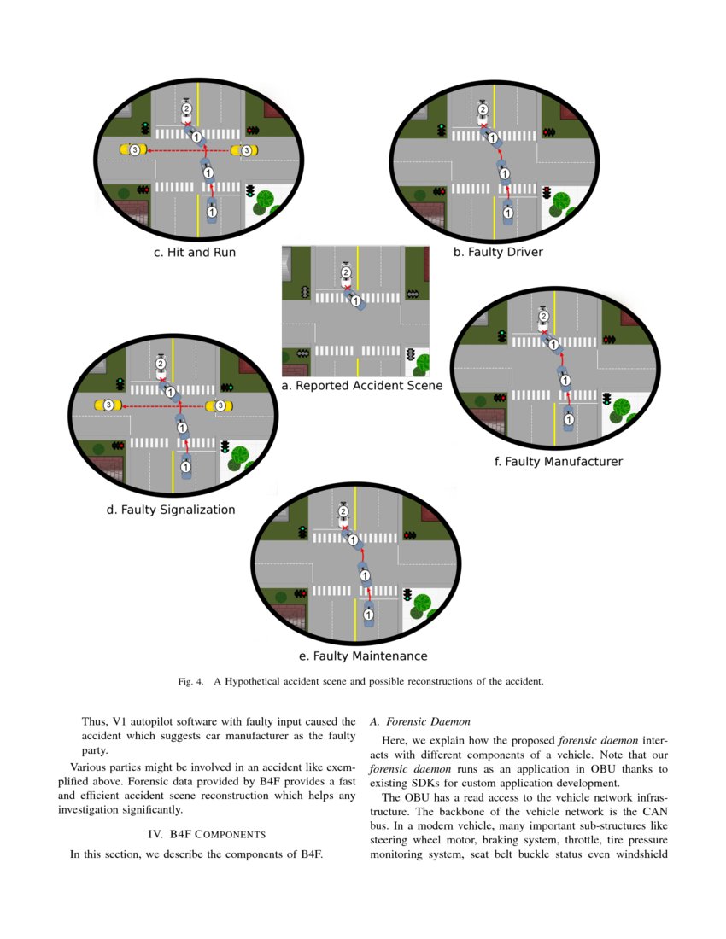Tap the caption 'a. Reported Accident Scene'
pyautogui.click(x=361, y=386)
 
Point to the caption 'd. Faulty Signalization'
pyautogui.click(x=171, y=510)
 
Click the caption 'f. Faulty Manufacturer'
pyautogui.click(x=559, y=462)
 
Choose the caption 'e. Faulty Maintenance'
pyautogui.click(x=363, y=656)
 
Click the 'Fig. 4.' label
pyautogui.click(x=190, y=682)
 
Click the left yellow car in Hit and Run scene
pyautogui.click(x=133, y=149)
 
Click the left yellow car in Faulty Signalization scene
pyautogui.click(x=108, y=404)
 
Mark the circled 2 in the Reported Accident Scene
pyautogui.click(x=346, y=272)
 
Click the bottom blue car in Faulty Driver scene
pyautogui.click(x=508, y=212)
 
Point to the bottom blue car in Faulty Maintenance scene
pyautogui.click(x=368, y=614)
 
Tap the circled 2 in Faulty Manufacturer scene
pyautogui.click(x=543, y=317)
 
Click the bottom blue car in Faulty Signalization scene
pyautogui.click(x=186, y=466)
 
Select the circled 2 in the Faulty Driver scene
pyautogui.click(x=483, y=109)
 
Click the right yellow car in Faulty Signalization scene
pyautogui.click(x=220, y=404)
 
